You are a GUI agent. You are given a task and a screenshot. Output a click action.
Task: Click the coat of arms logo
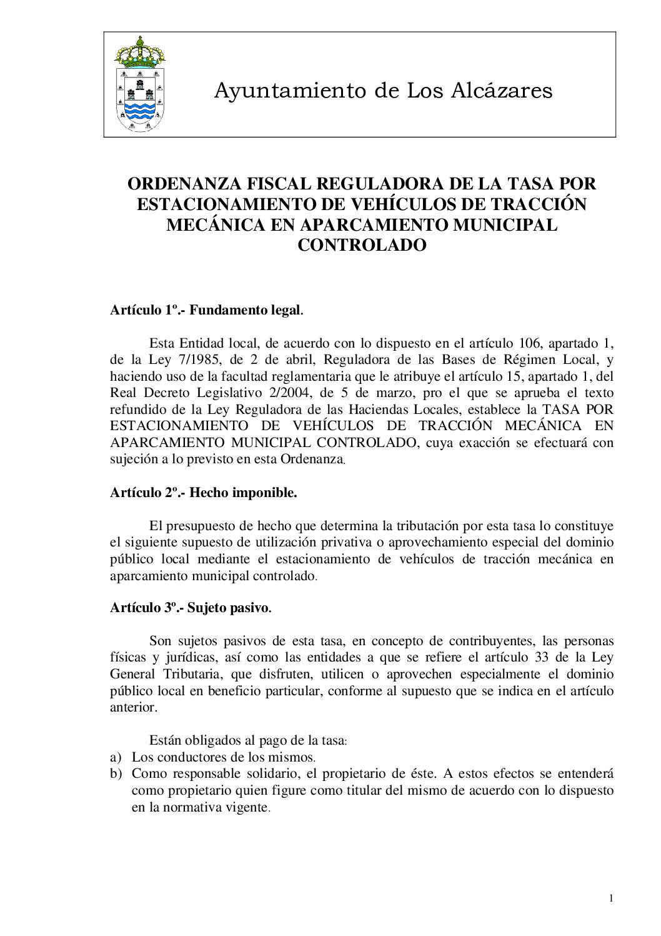coord(140,84)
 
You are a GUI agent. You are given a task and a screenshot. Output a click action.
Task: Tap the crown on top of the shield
coord(140,51)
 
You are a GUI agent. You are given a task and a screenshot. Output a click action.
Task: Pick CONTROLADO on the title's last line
coord(362,245)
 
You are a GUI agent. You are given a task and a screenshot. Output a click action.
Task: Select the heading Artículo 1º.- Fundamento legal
coord(207,310)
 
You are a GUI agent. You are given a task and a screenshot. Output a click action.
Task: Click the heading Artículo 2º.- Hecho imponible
coord(204,493)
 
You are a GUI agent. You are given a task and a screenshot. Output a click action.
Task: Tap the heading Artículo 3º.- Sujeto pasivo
coord(191,608)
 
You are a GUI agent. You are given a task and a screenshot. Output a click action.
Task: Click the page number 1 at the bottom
coord(611,899)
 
